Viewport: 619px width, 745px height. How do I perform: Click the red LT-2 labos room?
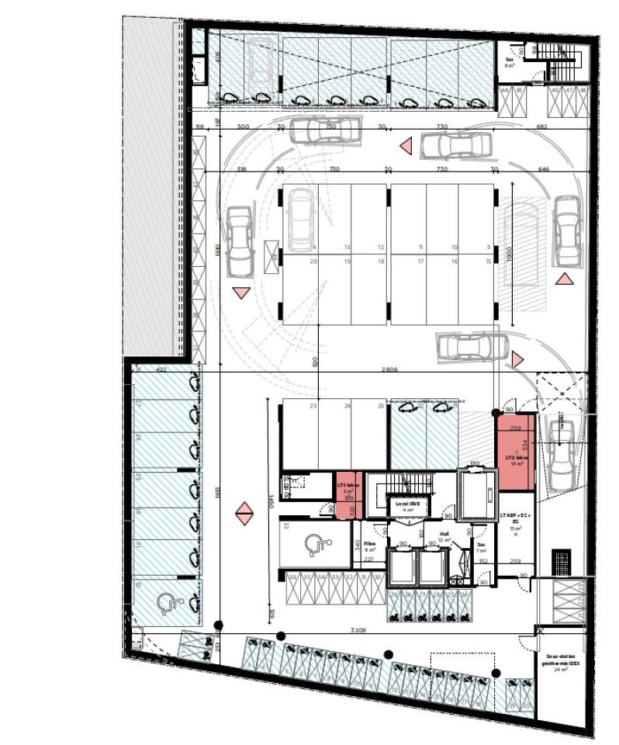(x=515, y=452)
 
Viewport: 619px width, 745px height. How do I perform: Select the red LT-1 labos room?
(x=345, y=496)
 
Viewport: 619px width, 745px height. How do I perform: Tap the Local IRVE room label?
(x=403, y=507)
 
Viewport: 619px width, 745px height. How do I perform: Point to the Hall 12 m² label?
(x=444, y=537)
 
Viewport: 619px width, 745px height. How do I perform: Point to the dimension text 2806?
(x=389, y=370)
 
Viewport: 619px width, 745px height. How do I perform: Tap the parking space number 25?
(x=313, y=407)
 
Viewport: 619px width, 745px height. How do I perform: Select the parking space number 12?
(x=381, y=248)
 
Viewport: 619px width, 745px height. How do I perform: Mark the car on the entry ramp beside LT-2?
(x=560, y=453)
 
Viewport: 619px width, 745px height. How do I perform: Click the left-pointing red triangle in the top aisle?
(x=405, y=145)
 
